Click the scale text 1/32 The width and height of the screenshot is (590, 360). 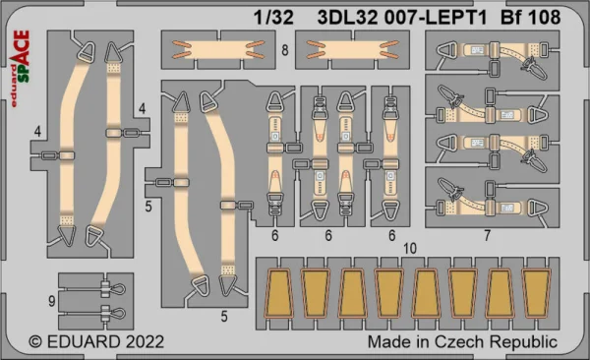273,18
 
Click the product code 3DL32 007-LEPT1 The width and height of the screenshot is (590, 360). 402,18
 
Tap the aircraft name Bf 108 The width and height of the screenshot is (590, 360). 531,18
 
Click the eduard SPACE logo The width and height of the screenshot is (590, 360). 20,69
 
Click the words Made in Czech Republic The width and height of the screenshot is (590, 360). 462,342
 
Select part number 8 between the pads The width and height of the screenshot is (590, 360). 285,50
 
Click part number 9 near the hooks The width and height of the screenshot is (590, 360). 52,301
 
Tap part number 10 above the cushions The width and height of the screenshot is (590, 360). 410,248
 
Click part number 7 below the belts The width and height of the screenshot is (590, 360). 488,235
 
